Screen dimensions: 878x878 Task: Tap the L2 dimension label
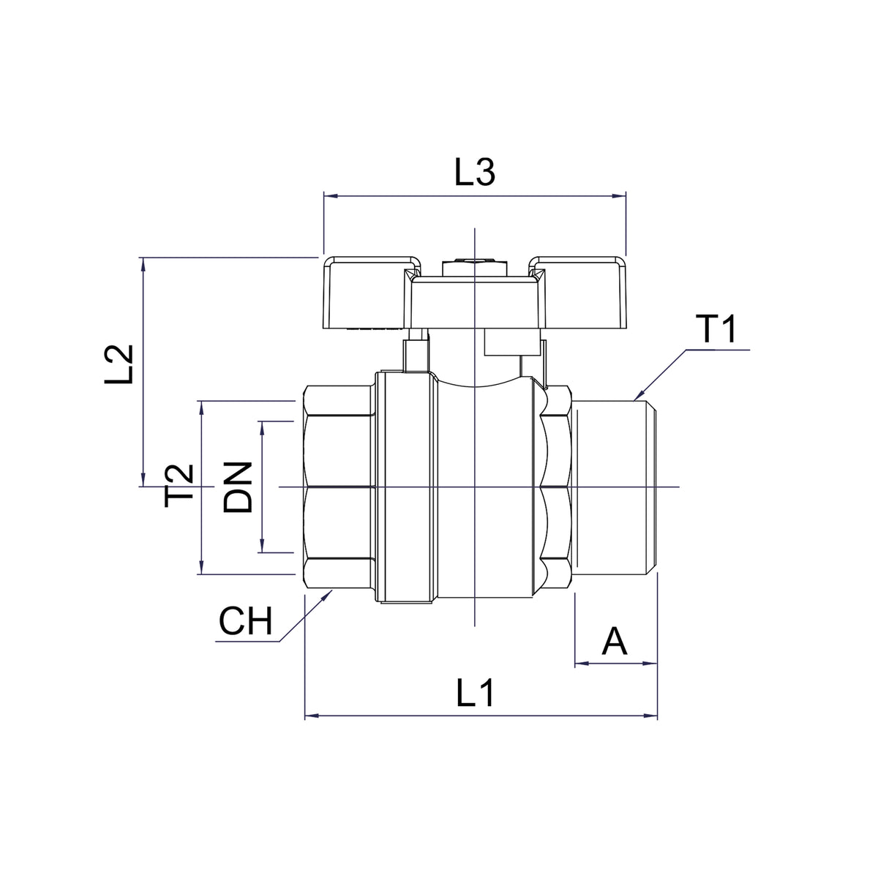tap(119, 364)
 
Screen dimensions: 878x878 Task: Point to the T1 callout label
tap(718, 329)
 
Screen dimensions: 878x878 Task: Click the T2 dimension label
tap(179, 486)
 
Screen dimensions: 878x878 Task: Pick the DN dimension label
tap(237, 487)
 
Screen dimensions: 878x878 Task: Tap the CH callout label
tap(246, 620)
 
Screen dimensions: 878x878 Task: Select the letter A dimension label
tap(615, 641)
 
